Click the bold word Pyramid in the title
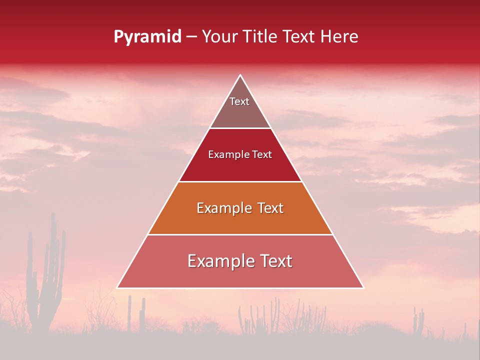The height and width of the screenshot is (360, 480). pos(147,37)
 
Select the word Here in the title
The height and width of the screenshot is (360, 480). pos(339,37)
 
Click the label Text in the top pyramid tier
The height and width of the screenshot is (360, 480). pos(239,101)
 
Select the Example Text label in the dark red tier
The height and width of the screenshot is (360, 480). pos(240,154)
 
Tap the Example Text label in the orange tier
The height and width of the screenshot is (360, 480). pos(240,208)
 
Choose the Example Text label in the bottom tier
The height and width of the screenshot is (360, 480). pos(240,261)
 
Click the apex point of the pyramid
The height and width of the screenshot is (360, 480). pos(240,75)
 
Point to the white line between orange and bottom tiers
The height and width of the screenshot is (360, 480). pos(240,234)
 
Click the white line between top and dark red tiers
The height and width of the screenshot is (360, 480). pos(240,128)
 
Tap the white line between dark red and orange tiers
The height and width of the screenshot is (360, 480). pos(240,181)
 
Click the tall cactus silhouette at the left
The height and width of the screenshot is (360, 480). pos(47,280)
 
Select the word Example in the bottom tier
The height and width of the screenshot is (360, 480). pos(219,261)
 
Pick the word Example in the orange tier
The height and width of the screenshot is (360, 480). pos(223,208)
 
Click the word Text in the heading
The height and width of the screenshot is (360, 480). pos(299,37)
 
